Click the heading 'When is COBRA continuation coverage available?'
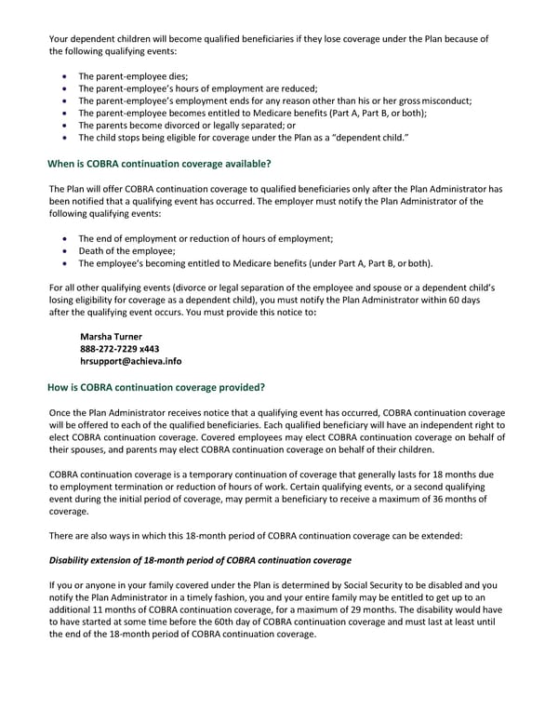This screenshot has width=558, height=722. coord(159,164)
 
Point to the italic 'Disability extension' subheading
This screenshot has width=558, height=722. coord(199,560)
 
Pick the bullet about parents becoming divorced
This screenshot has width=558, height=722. coord(187,126)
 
